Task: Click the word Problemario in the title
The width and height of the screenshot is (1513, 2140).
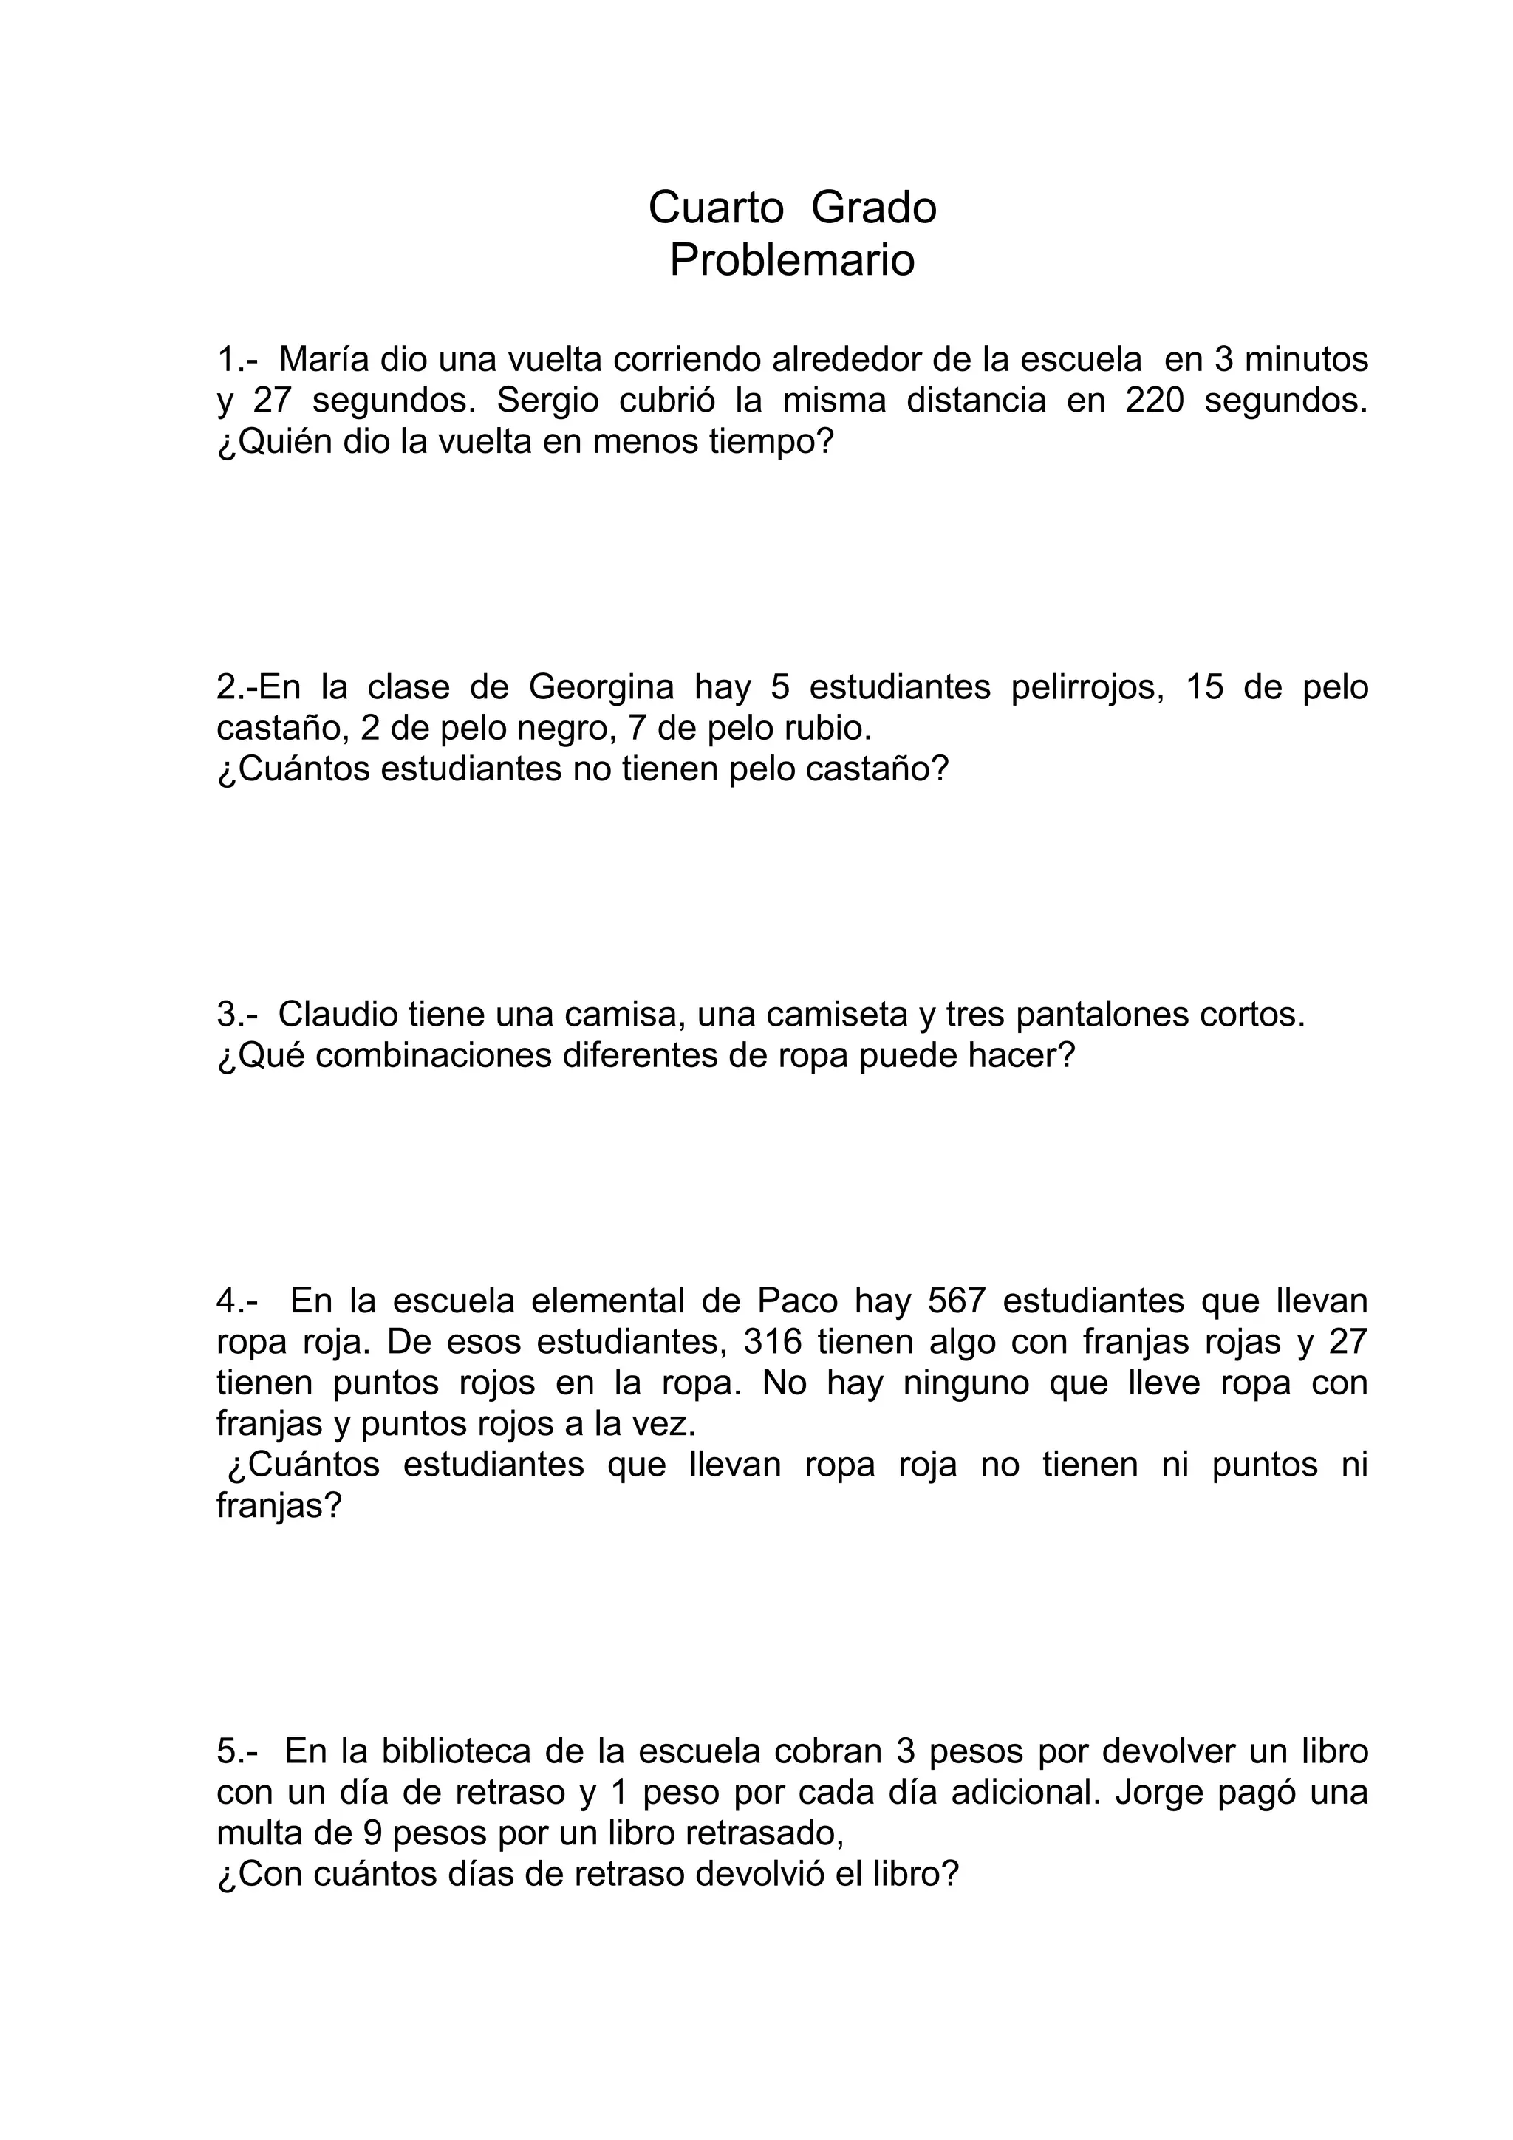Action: pyautogui.click(x=792, y=260)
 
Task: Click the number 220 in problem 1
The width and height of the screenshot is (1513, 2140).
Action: pyautogui.click(x=1154, y=400)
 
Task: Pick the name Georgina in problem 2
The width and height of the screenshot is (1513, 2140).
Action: pyautogui.click(x=601, y=687)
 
